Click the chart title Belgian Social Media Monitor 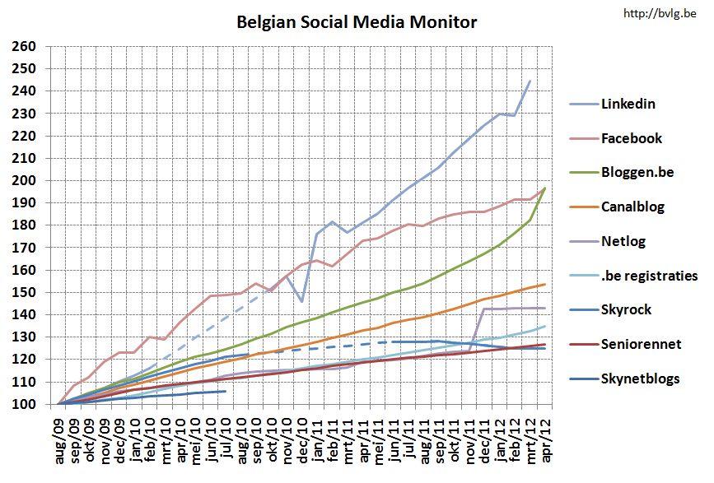[357, 21]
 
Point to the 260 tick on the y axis [25, 47]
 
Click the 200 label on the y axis [25, 181]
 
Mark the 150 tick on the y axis [25, 293]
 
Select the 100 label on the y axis [25, 405]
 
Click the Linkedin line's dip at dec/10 [302, 301]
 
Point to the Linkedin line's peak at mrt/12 [530, 80]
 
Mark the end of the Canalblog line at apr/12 [545, 285]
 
